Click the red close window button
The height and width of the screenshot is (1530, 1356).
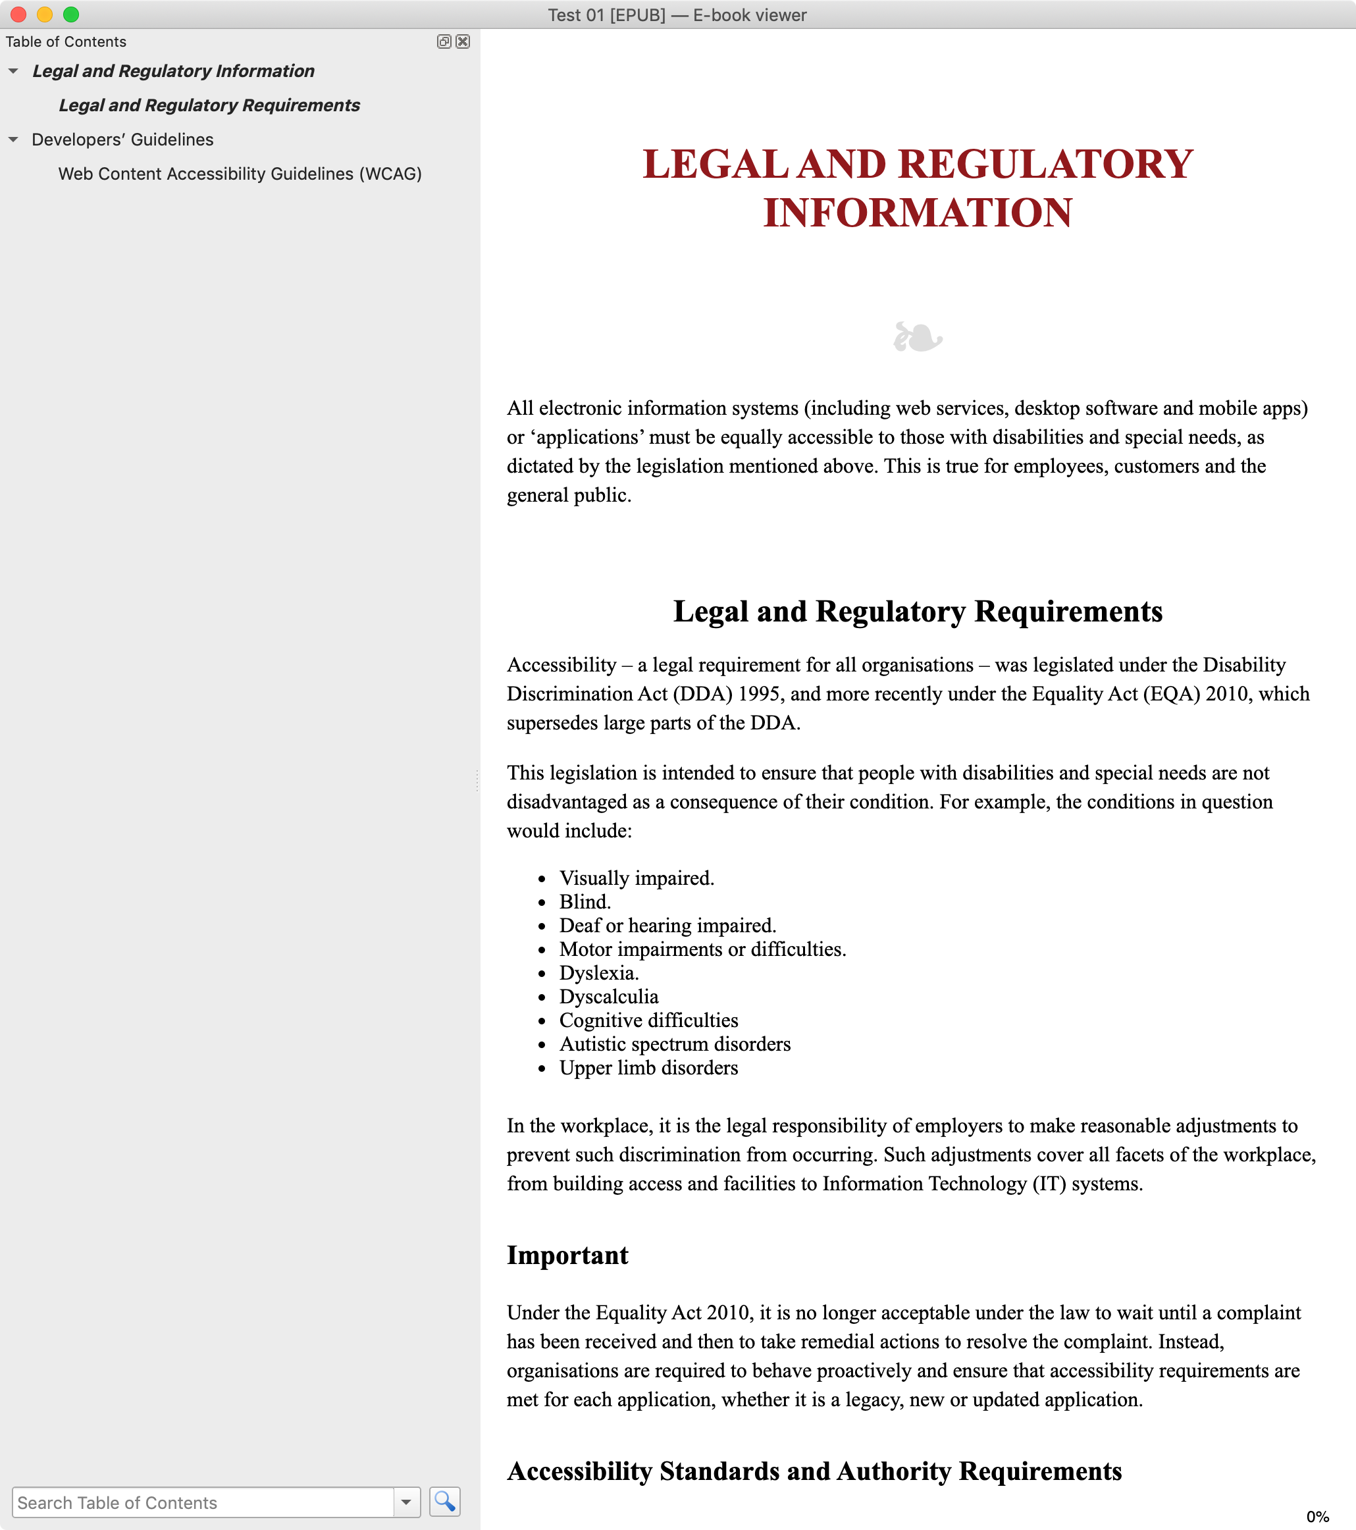pos(18,14)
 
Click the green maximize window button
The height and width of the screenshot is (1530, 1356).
pos(71,14)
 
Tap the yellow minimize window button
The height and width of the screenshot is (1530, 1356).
pos(45,14)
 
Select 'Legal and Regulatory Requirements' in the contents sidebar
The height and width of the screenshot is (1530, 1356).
pos(209,105)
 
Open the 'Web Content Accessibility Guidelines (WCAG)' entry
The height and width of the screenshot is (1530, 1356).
pos(240,174)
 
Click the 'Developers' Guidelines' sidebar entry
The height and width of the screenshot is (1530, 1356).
pos(122,140)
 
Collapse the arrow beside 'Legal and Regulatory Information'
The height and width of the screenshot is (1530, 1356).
pos(13,71)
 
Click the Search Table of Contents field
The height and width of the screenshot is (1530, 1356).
pos(202,1502)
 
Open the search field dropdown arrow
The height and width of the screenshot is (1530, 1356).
pos(406,1502)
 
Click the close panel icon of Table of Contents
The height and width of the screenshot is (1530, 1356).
pos(463,42)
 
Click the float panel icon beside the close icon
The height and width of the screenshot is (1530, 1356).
pos(444,42)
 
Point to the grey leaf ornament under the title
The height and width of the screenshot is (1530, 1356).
pos(918,337)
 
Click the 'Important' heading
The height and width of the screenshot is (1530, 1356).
pos(567,1255)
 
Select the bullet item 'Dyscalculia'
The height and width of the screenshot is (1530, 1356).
pos(608,996)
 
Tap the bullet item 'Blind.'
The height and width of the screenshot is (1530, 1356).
pos(585,902)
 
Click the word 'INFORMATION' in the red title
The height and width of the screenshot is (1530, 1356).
pos(918,213)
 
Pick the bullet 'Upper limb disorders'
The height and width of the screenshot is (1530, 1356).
pos(648,1067)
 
